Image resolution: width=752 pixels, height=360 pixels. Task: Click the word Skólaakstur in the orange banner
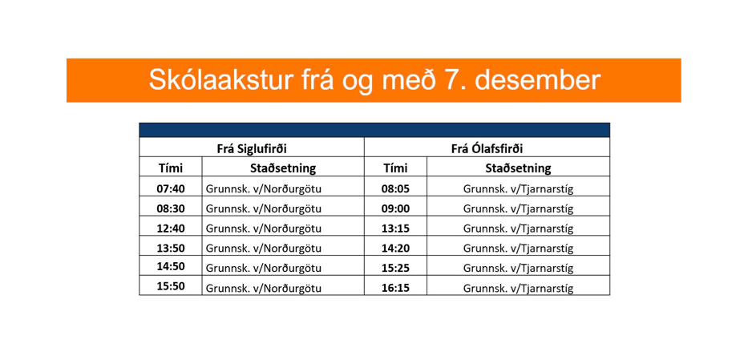click(x=220, y=79)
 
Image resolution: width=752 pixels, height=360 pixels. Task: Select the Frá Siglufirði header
click(x=252, y=148)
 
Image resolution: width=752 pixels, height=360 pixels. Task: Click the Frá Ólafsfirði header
click(x=487, y=148)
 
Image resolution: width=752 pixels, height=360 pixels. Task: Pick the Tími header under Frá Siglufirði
click(x=171, y=168)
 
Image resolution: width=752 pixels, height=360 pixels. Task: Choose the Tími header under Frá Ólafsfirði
click(x=396, y=168)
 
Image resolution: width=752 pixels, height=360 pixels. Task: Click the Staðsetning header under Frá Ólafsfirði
click(x=518, y=168)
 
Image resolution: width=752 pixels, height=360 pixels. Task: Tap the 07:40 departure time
click(x=171, y=189)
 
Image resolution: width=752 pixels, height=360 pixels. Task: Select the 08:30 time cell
click(x=171, y=209)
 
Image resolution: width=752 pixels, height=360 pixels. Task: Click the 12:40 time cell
click(x=171, y=229)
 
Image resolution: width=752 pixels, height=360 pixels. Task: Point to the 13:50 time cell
click(x=171, y=249)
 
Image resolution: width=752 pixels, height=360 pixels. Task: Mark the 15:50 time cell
click(x=171, y=287)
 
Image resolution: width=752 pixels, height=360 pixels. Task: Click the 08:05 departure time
click(x=396, y=189)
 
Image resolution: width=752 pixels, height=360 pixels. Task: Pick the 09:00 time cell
click(x=396, y=209)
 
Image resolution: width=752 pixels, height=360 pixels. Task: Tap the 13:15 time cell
click(x=396, y=229)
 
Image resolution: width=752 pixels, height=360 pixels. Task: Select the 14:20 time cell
click(x=396, y=249)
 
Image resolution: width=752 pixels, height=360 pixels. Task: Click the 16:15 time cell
click(x=396, y=288)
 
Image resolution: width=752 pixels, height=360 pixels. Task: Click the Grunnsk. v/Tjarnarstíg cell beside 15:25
click(x=519, y=269)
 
